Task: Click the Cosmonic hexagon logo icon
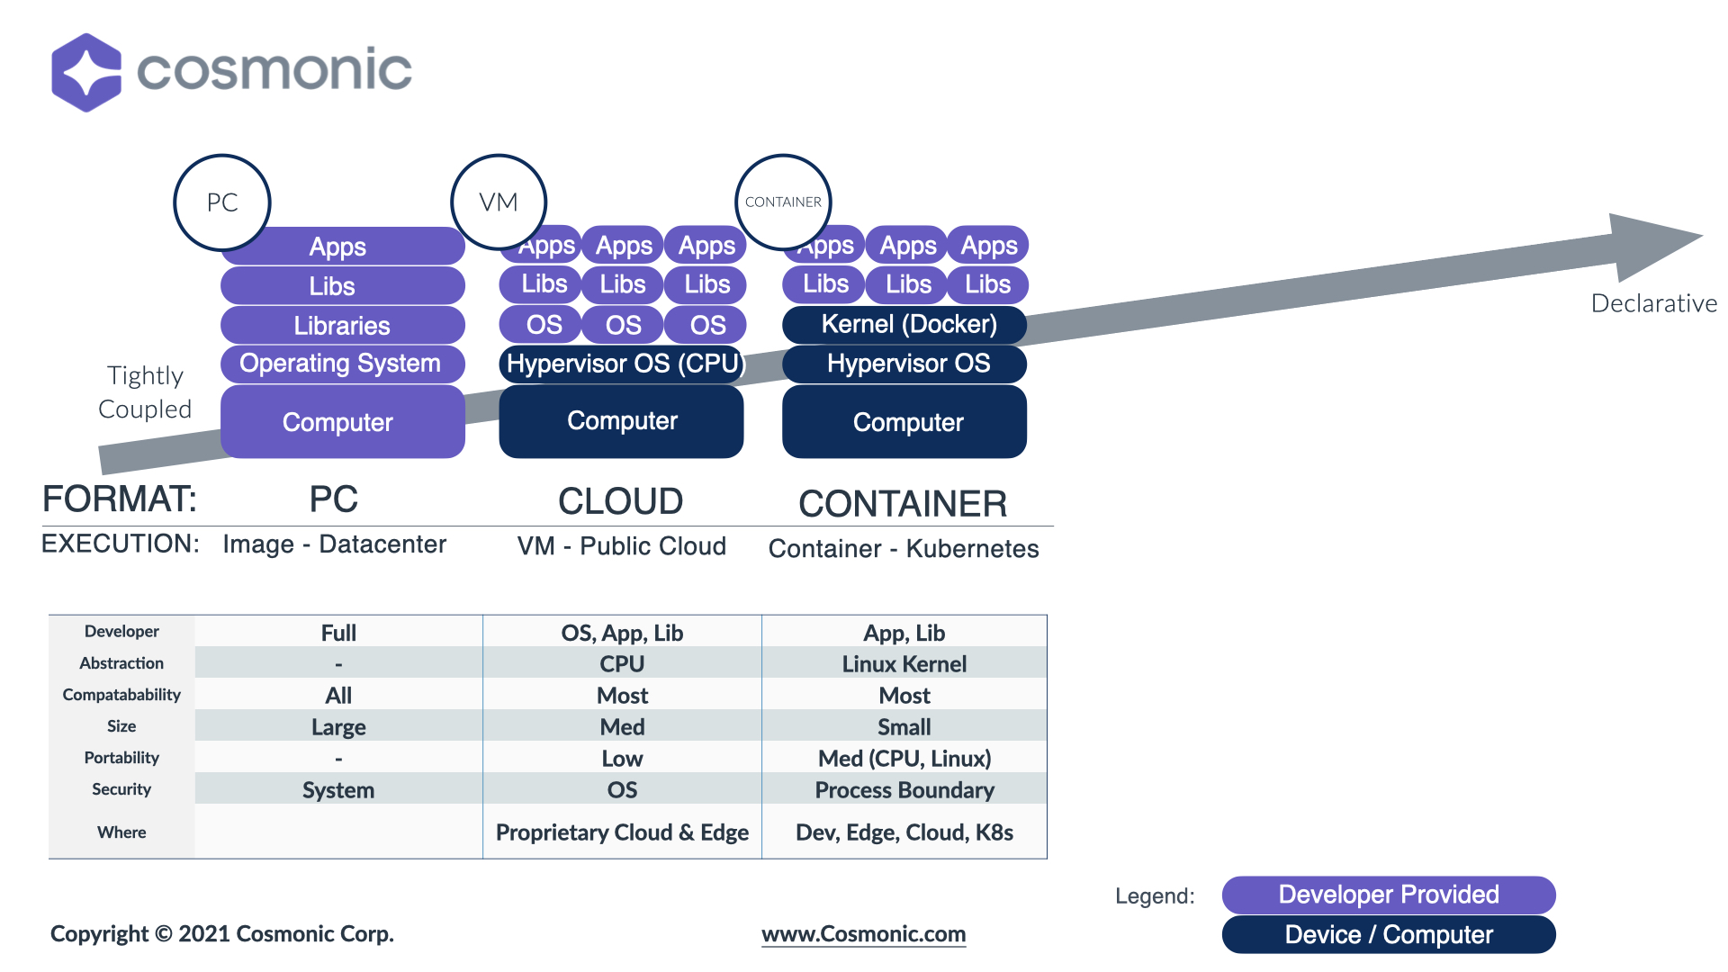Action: [86, 73]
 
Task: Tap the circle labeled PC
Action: [222, 202]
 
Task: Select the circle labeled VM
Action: [499, 202]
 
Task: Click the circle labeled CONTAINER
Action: [783, 202]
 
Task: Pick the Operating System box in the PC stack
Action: [342, 364]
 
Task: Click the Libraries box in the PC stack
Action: [342, 325]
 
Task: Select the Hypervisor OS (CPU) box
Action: [622, 364]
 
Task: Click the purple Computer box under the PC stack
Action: [342, 422]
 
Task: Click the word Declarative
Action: [1653, 303]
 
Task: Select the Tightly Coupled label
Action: [145, 392]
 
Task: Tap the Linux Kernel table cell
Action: [904, 664]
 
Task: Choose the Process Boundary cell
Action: [904, 790]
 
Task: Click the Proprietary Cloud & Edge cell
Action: [622, 832]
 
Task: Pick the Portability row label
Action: [121, 758]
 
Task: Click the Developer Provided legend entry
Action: [1388, 895]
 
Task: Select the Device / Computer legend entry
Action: [1388, 935]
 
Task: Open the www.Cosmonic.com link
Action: [863, 934]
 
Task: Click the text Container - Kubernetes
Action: [904, 549]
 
